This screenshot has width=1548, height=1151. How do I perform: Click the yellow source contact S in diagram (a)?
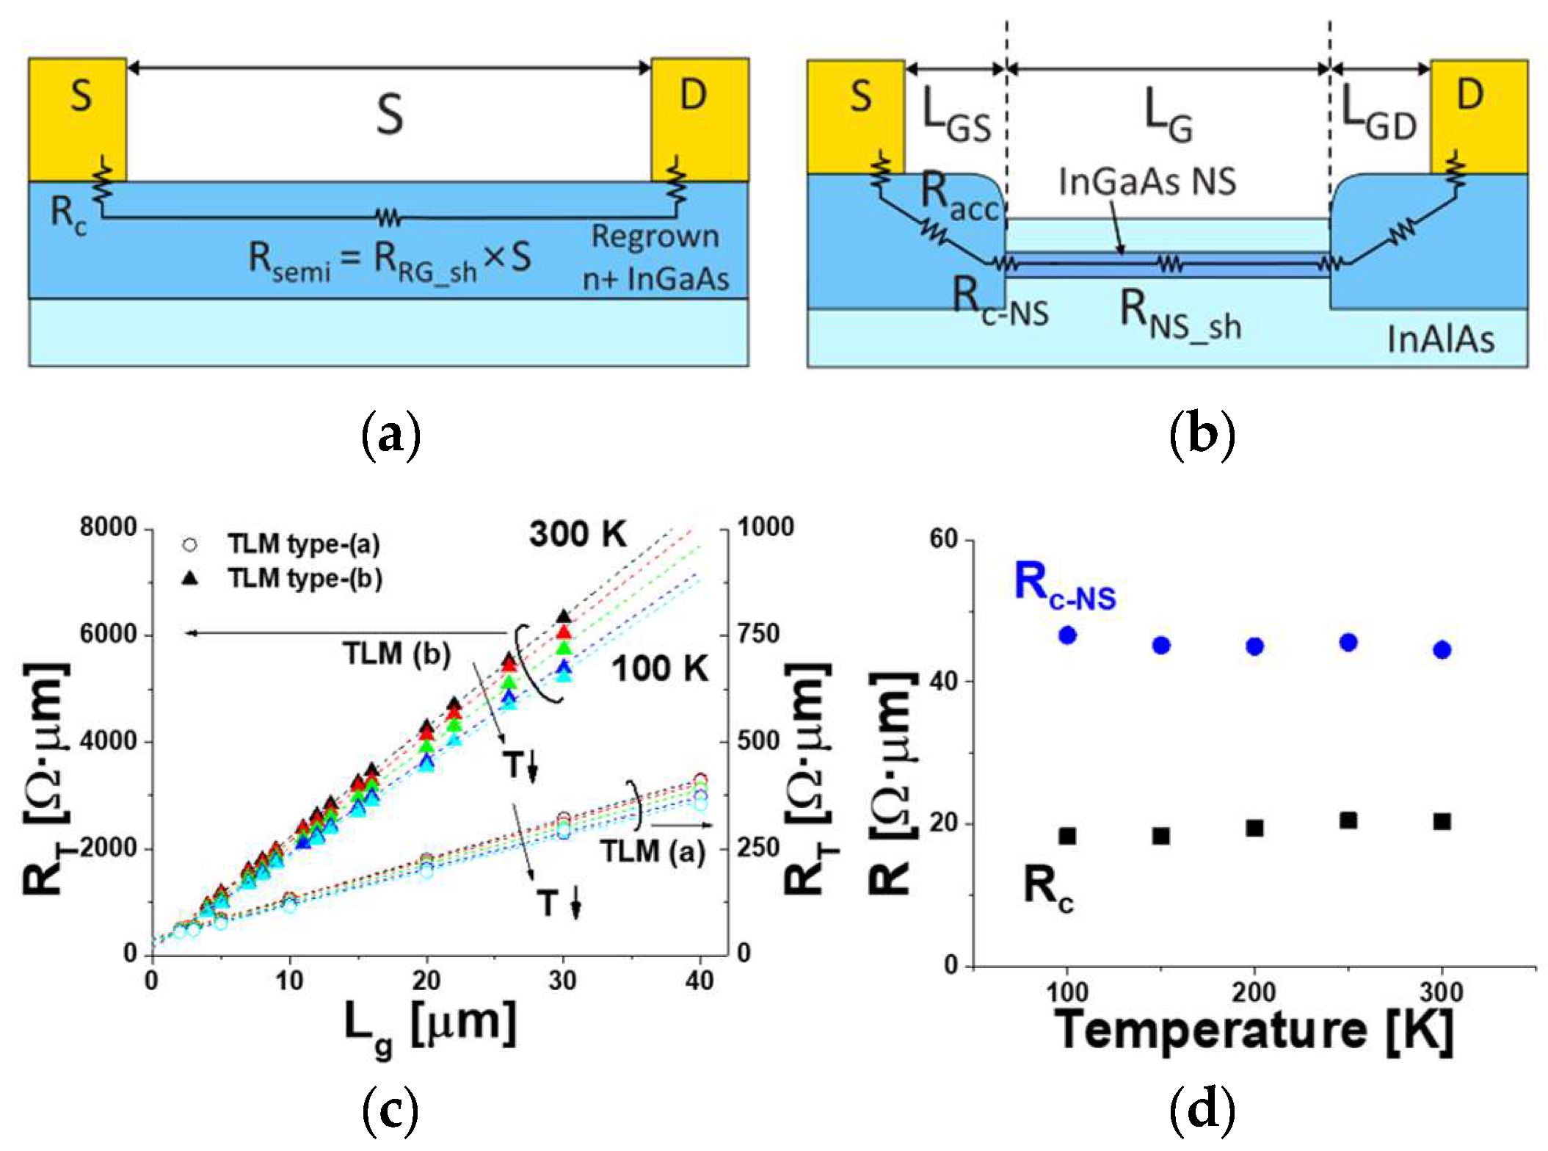click(x=77, y=118)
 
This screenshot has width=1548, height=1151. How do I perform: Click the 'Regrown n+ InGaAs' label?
click(x=655, y=257)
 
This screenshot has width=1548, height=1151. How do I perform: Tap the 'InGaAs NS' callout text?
click(x=1147, y=181)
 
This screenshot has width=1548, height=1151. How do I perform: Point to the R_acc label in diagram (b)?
click(x=961, y=197)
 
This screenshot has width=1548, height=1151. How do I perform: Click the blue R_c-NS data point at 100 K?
click(x=1067, y=635)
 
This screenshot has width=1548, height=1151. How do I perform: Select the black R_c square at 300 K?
click(x=1442, y=821)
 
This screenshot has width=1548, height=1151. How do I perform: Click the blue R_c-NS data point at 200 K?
click(x=1254, y=646)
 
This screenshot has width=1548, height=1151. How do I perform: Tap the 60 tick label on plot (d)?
click(x=944, y=538)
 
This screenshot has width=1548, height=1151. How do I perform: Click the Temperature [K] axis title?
click(x=1254, y=1031)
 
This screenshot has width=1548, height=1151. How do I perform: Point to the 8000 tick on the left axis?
click(x=109, y=527)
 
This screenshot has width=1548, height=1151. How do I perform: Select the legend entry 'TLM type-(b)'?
click(x=304, y=579)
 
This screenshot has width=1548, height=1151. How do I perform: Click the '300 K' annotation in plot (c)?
click(x=578, y=534)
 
